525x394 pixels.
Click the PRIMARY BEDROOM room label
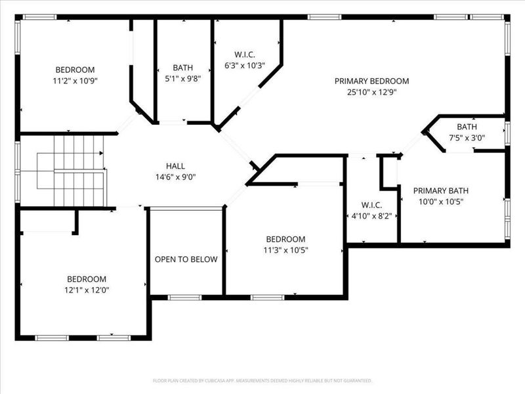click(371, 81)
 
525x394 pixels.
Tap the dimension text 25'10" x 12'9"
click(371, 92)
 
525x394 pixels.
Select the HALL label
click(175, 166)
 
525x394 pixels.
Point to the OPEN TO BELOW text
click(186, 259)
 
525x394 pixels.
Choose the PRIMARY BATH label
click(440, 191)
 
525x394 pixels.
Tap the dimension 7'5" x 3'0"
click(467, 138)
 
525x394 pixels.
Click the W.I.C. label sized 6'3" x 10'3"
click(244, 55)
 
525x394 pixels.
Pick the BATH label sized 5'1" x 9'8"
click(182, 68)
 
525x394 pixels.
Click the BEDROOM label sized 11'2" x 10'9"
click(75, 70)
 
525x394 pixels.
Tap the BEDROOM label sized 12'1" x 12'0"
click(86, 279)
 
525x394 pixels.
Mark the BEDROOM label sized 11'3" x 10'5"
click(285, 239)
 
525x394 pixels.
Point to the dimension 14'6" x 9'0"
click(175, 177)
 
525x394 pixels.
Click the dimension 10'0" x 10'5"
click(440, 202)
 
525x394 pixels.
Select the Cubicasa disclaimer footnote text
click(262, 380)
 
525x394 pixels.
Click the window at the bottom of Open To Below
click(185, 297)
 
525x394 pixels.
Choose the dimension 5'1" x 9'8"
click(182, 78)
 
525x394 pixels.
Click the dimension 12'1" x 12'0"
click(86, 290)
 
